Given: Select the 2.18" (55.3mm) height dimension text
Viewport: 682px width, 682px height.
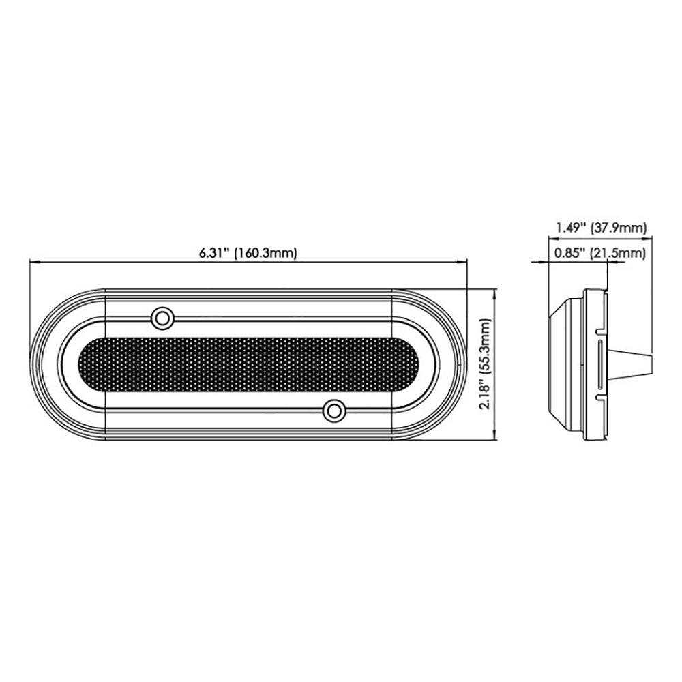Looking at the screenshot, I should [486, 365].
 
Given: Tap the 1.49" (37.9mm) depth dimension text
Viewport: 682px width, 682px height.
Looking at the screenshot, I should [600, 228].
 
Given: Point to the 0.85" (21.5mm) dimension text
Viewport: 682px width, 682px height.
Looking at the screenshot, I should [600, 254].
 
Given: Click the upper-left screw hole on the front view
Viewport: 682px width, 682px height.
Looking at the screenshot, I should [162, 317].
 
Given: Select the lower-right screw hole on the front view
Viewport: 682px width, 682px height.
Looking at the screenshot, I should [333, 411].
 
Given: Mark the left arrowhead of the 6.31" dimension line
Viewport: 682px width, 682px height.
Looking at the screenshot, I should [32, 261].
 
